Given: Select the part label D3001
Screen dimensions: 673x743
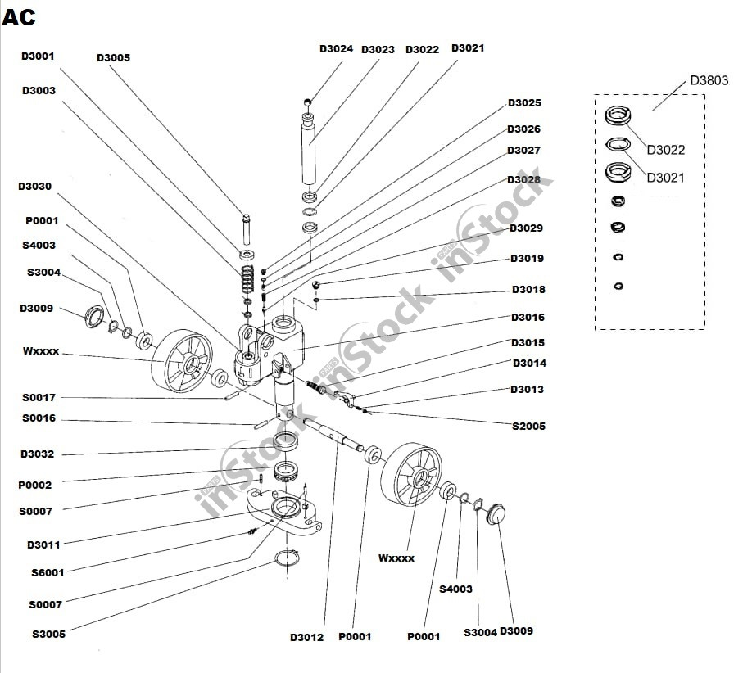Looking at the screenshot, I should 38,56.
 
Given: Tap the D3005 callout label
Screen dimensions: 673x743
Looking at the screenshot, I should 113,58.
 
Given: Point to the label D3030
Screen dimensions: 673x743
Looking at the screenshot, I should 34,187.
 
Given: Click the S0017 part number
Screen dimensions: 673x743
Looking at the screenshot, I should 39,398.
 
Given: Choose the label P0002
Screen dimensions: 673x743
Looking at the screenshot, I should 34,486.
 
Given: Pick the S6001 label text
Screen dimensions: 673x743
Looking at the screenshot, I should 48,573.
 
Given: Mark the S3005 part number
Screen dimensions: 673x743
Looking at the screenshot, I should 48,634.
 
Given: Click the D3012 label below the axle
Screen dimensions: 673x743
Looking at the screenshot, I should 306,638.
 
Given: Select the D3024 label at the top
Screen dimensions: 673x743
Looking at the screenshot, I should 336,49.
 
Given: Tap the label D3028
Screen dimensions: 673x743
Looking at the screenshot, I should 523,180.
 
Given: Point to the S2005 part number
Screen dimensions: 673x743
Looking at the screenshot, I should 528,427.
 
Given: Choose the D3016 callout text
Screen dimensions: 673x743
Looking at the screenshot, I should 528,318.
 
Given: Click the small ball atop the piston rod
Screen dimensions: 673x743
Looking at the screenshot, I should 309,102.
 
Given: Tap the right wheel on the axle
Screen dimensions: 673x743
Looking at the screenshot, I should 412,474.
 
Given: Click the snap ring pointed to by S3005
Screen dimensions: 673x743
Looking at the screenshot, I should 286,560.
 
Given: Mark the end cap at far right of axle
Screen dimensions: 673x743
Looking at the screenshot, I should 496,514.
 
